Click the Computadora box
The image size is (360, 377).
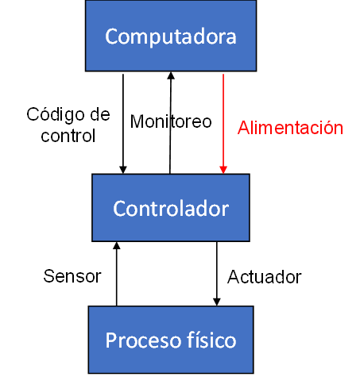pos(171,36)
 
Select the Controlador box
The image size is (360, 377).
pos(171,208)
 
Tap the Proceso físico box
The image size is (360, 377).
pos(171,340)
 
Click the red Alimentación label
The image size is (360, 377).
pos(290,128)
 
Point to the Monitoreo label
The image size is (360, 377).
pos(171,121)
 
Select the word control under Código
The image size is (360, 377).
pos(68,136)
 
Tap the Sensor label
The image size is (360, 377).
pos(72,276)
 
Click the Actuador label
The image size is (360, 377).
pos(265,277)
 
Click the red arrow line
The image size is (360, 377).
pos(223,124)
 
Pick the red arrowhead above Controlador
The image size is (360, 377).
pos(223,170)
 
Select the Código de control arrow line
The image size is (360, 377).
pos(123,124)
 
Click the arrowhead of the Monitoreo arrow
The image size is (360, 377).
pos(171,75)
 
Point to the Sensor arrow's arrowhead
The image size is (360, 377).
pos(117,245)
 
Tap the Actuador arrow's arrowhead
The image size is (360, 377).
pos(217,302)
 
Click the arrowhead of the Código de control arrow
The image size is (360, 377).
pos(123,170)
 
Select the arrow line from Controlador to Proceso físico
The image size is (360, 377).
pos(217,274)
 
